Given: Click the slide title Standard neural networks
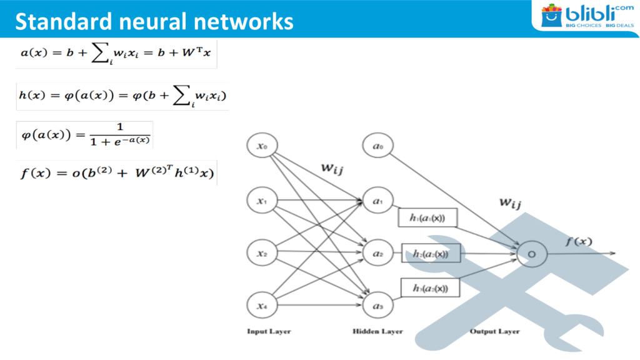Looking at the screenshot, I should (x=154, y=21).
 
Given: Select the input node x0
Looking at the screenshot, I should (x=262, y=147).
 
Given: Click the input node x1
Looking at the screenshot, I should (x=262, y=201).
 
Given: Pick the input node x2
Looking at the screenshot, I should (x=262, y=254).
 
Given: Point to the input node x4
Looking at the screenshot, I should (x=262, y=306).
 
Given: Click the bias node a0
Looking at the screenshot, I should (x=377, y=147).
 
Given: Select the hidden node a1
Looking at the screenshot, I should (x=377, y=201).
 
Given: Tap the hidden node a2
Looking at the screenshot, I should (x=377, y=254).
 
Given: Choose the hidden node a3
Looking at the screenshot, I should (x=377, y=306).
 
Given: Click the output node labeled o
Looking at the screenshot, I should (x=531, y=254).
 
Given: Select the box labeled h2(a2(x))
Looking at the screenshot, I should (x=431, y=253).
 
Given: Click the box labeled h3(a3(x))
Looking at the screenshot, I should (x=430, y=287).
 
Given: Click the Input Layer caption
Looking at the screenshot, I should (x=269, y=331).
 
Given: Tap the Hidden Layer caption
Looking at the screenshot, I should (x=377, y=331).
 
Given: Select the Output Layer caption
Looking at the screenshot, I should (x=494, y=331).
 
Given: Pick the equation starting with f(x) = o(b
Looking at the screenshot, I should (x=117, y=172).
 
